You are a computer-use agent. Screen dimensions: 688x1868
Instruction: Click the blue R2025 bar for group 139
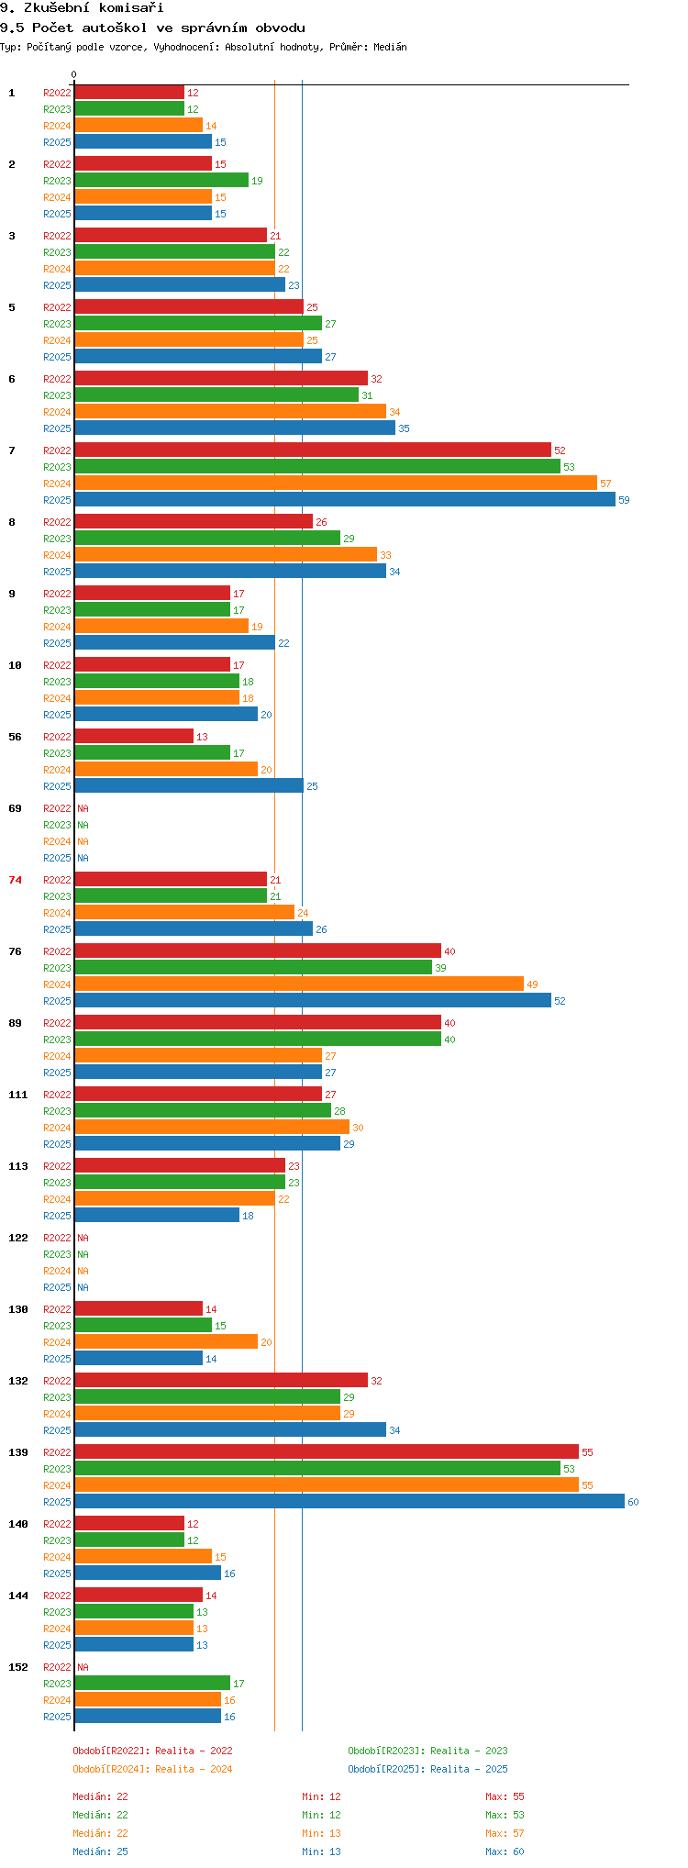tap(350, 1501)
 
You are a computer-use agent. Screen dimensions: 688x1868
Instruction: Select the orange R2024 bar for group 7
tap(336, 483)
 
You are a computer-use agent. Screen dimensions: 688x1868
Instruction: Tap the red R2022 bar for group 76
tap(258, 951)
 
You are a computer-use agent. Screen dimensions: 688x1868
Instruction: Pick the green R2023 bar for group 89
tap(258, 1039)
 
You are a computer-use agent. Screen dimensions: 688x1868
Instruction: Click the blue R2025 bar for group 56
tap(189, 785)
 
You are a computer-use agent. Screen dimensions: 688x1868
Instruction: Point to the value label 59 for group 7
tap(625, 500)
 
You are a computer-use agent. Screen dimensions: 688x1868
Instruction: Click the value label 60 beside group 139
tap(634, 1502)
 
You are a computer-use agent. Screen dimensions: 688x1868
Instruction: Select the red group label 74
tap(15, 880)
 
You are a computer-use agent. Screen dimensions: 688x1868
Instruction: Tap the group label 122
tap(18, 1238)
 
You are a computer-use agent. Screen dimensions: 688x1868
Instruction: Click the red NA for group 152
tap(83, 1667)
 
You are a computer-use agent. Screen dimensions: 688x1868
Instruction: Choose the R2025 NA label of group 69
tap(83, 858)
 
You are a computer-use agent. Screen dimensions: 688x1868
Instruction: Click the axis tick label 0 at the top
tap(74, 74)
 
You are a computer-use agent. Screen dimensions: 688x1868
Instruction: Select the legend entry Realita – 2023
tap(469, 1751)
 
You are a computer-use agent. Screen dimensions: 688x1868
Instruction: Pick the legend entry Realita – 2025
tap(469, 1769)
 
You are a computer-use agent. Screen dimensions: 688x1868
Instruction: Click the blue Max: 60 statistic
tap(505, 1851)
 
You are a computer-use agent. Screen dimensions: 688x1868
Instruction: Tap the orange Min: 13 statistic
tap(321, 1833)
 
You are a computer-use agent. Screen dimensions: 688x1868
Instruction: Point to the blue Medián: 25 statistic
tap(101, 1851)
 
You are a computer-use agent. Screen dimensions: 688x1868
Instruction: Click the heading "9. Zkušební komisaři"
tap(83, 8)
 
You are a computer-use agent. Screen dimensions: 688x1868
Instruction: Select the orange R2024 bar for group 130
tap(166, 1341)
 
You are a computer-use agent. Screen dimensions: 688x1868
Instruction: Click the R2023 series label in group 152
tap(57, 1684)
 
